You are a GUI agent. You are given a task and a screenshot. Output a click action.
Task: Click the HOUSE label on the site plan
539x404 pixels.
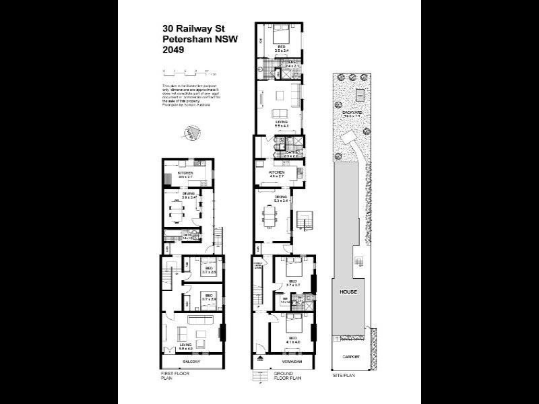pyautogui.click(x=348, y=292)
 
